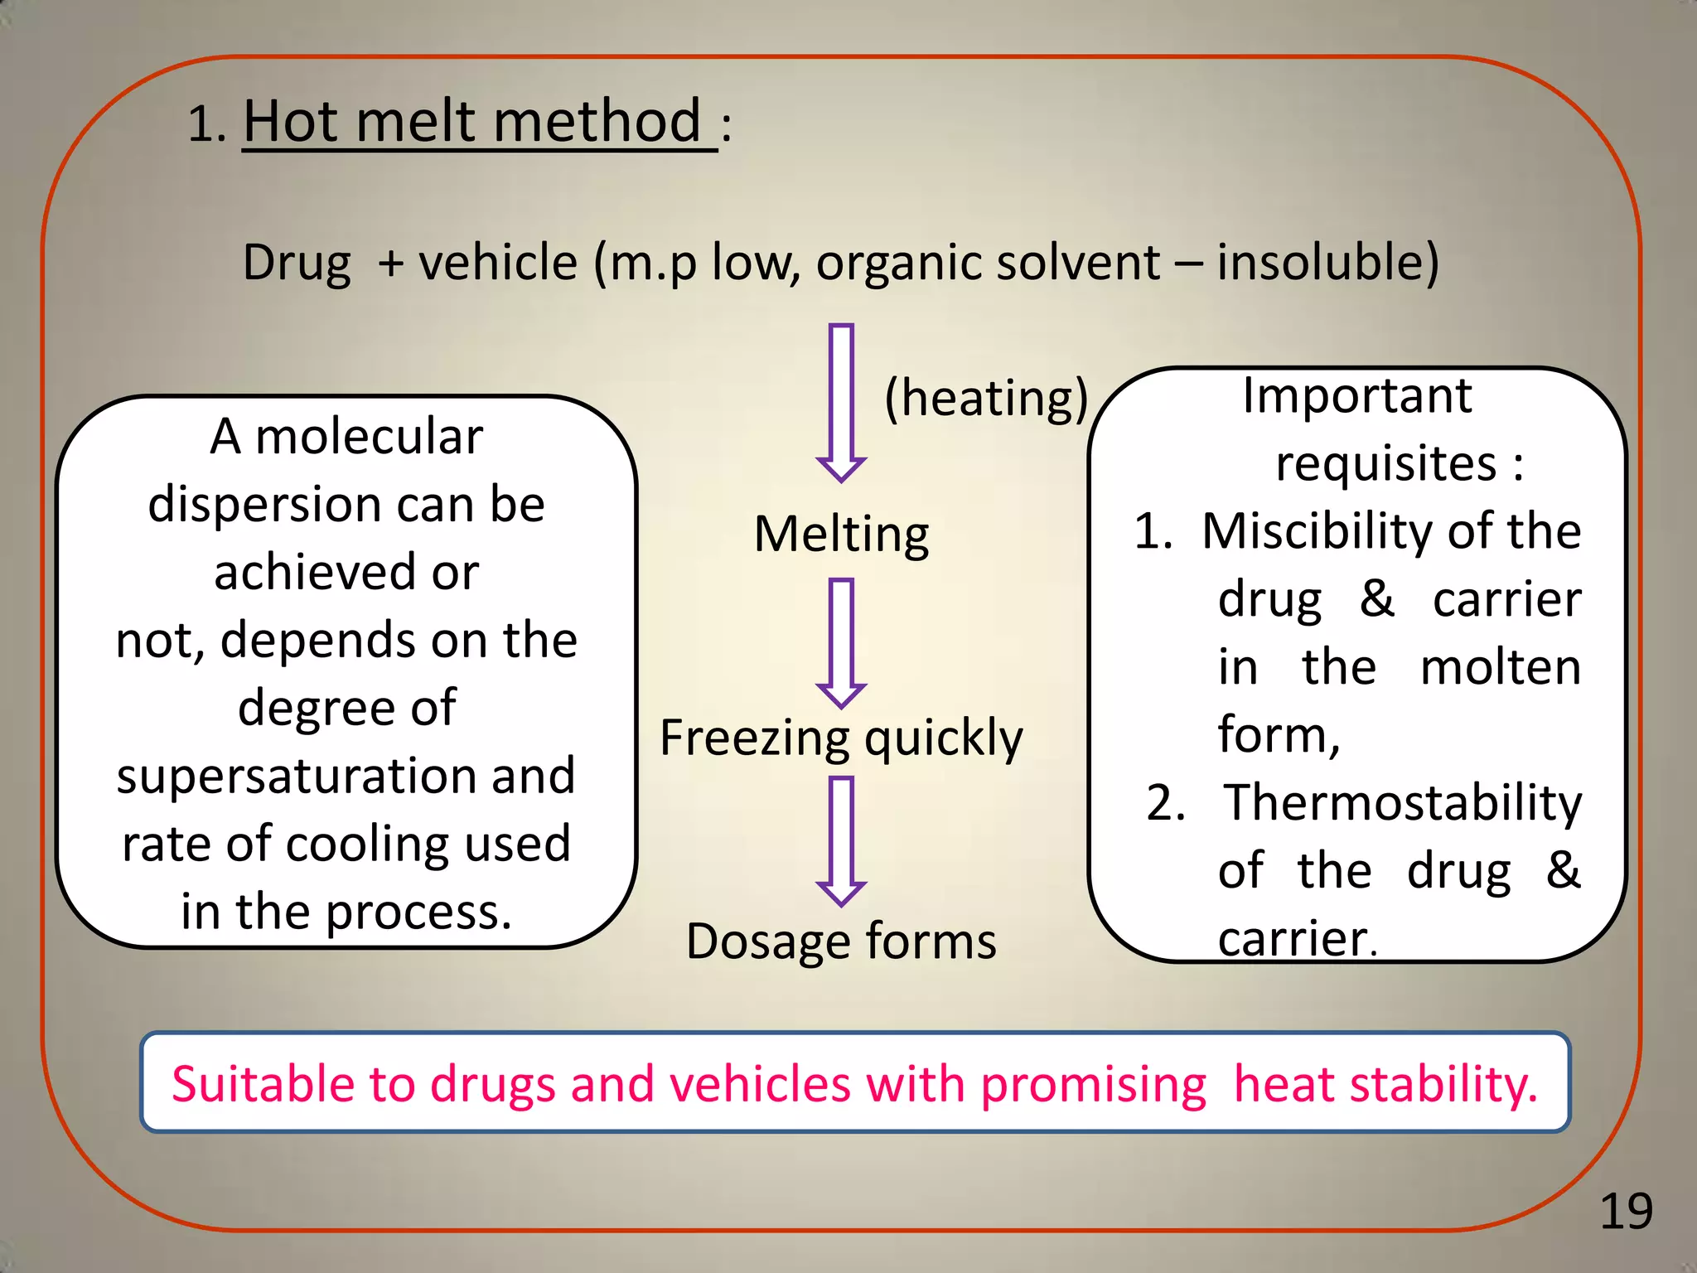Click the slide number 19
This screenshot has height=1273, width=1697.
tap(1626, 1212)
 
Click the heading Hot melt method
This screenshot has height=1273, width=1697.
tap(473, 121)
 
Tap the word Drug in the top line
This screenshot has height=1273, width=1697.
tap(297, 264)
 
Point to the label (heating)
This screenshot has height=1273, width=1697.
tap(985, 399)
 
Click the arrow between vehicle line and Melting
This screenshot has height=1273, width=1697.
tap(841, 402)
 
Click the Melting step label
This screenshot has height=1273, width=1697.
tap(841, 534)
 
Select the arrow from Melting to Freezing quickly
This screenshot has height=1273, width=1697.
tap(841, 642)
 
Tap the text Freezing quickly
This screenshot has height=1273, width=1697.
tap(841, 738)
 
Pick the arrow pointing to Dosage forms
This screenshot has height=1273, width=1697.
tap(841, 840)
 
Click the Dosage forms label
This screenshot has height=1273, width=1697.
tap(841, 941)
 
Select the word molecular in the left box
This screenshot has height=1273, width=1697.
tap(369, 437)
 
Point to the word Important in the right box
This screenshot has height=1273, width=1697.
tap(1357, 395)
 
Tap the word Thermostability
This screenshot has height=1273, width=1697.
tap(1402, 803)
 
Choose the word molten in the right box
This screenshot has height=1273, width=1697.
tap(1500, 667)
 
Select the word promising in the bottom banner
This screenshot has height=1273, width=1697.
tap(1093, 1086)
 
